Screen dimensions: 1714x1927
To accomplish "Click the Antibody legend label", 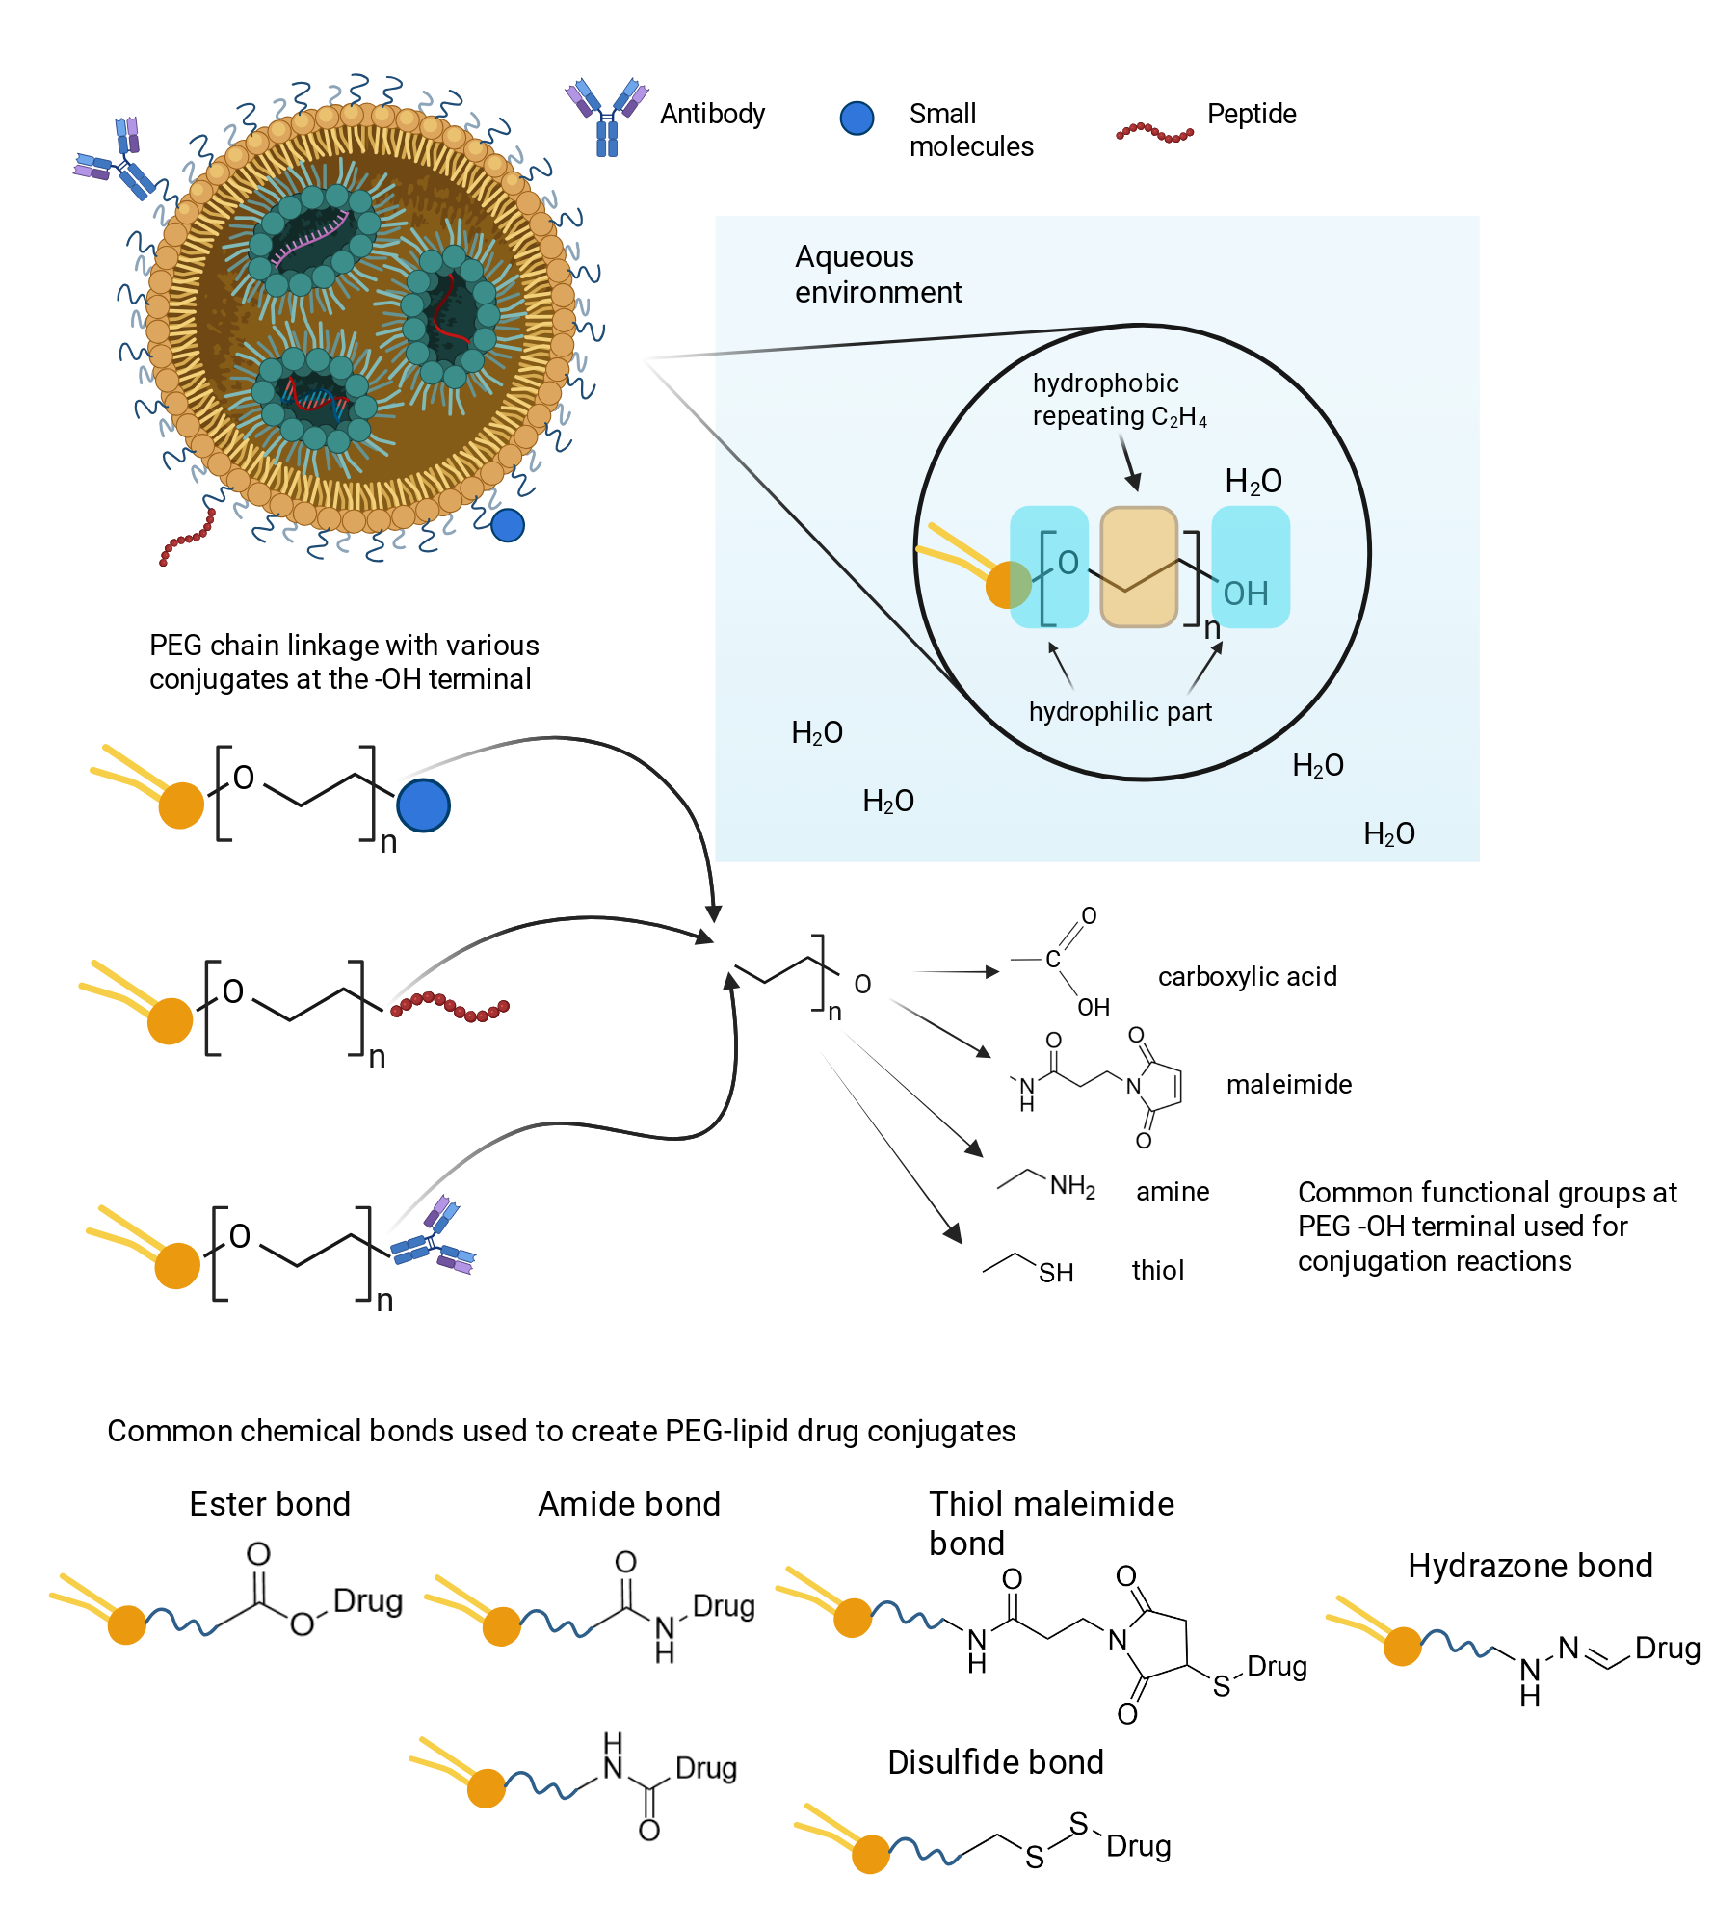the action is coord(712,115).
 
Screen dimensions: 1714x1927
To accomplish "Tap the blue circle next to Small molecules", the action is coord(857,118).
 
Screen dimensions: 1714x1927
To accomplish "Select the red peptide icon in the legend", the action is coord(1154,132).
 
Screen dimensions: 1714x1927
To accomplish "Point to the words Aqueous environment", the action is coord(878,275).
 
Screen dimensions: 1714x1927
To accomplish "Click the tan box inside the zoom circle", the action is coord(1139,567).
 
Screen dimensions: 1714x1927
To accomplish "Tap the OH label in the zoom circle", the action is coord(1245,594).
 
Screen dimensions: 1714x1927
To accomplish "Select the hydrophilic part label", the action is coord(1120,712).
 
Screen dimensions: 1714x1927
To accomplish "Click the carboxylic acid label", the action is coord(1247,977).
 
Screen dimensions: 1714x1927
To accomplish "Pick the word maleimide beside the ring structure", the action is coord(1289,1085).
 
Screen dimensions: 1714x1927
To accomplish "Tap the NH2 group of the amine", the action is coord(1072,1186).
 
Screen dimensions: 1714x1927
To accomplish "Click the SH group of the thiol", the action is coord(1056,1273).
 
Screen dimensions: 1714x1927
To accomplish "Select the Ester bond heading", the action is coord(270,1504).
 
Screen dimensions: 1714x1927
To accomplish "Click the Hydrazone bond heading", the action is coord(1530,1566).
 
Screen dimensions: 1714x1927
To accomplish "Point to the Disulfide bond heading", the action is coord(995,1762).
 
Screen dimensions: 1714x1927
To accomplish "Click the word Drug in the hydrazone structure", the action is coord(1668,1649).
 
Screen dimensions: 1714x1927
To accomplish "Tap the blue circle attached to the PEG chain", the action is coord(423,805).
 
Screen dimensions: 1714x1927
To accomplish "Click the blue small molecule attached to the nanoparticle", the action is coord(508,525).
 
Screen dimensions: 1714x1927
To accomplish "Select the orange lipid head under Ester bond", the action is coord(126,1624).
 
